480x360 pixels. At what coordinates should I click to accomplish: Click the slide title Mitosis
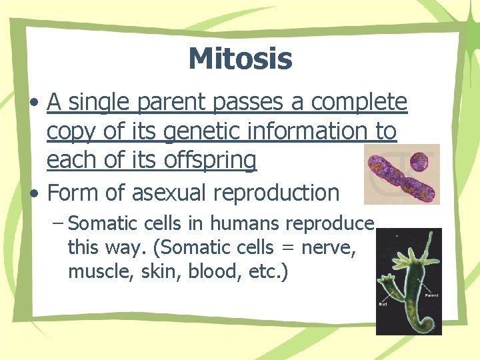240,58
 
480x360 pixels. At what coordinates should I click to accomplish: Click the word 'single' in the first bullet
100,102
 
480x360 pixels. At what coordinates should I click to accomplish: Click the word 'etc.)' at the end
267,273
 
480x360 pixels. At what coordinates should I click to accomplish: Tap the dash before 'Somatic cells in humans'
57,223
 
